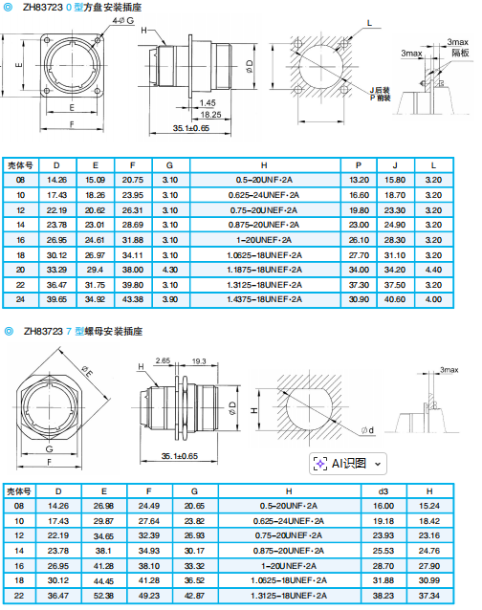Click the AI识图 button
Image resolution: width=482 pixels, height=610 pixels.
point(348,464)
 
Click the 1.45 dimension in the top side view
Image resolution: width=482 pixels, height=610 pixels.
point(208,102)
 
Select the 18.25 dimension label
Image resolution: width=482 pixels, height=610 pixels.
point(210,115)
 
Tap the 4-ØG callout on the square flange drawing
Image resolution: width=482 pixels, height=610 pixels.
point(123,20)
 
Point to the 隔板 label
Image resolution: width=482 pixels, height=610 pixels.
point(460,53)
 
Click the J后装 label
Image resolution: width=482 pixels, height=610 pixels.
point(380,90)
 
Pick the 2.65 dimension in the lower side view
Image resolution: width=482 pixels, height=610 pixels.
point(163,360)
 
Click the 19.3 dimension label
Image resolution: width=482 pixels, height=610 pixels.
point(199,361)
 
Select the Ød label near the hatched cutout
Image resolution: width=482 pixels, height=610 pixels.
point(367,430)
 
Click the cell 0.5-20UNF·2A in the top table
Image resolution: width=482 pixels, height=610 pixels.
point(264,180)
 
